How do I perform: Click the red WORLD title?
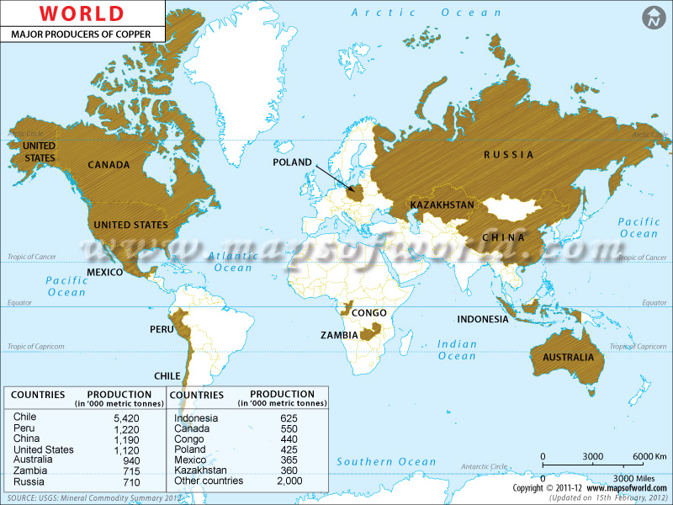click(81, 13)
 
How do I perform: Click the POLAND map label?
click(292, 162)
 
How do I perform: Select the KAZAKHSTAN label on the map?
click(442, 205)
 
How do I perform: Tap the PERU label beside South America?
click(162, 328)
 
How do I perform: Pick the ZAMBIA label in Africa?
click(338, 335)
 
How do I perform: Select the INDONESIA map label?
click(482, 320)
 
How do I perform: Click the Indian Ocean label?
click(457, 349)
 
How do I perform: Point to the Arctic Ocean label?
click(427, 13)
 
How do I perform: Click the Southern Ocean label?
click(386, 461)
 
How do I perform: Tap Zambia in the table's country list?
click(29, 471)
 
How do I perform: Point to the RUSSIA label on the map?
click(508, 155)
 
